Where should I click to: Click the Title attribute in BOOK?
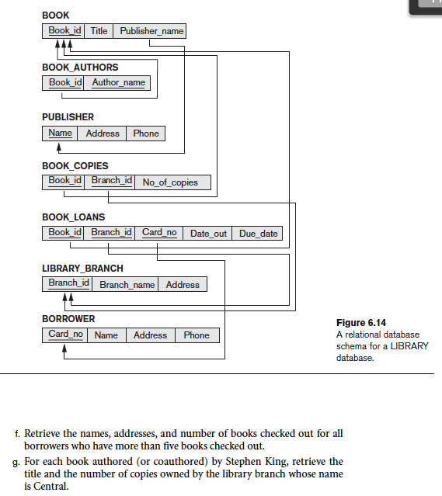99,31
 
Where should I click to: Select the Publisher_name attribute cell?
151,31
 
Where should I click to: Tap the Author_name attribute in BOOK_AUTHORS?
118,82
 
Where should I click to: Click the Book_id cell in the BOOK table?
64,31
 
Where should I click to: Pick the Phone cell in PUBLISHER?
145,134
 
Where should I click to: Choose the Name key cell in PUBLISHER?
60,134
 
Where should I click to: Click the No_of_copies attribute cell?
169,182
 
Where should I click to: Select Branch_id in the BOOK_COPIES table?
111,181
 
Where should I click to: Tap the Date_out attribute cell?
208,233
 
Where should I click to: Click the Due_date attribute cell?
258,233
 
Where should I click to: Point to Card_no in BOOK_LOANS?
159,232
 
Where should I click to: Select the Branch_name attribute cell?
127,285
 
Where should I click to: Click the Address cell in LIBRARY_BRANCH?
183,285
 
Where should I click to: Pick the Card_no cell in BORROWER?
65,335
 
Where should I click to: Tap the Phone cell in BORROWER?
197,335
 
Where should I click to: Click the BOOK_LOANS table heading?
73,217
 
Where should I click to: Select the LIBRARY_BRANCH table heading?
82,269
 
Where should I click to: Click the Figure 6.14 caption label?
360,323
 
